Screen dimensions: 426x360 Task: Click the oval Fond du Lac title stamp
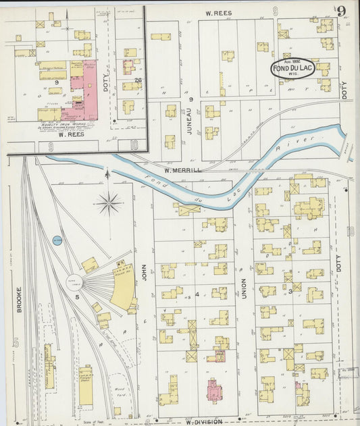(x=292, y=68)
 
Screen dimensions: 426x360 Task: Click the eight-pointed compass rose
(x=108, y=202)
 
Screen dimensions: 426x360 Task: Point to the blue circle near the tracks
(x=57, y=240)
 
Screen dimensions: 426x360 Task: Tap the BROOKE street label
(x=18, y=300)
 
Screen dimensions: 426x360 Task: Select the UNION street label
(x=244, y=289)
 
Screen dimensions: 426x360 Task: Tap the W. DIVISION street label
(x=203, y=421)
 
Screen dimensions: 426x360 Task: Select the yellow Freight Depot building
(x=86, y=385)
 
